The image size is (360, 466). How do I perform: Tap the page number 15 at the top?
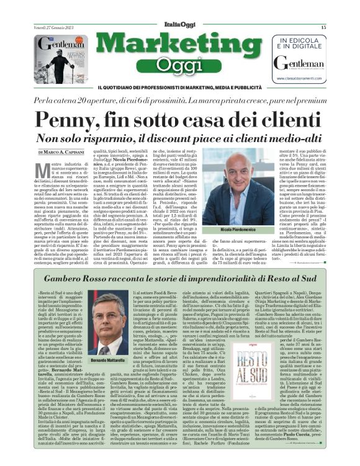pyautogui.click(x=323, y=27)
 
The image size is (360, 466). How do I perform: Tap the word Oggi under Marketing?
pyautogui.click(x=180, y=66)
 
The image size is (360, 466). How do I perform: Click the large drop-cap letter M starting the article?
pyautogui.click(x=43, y=172)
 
